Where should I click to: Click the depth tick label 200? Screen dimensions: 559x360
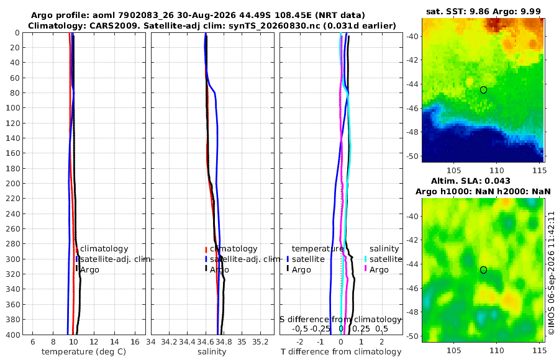tap(13, 183)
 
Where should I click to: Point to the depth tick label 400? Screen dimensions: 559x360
tap(13, 335)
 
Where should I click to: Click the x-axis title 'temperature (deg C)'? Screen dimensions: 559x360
tap(84, 352)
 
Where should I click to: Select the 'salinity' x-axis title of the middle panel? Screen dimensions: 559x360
tap(212, 352)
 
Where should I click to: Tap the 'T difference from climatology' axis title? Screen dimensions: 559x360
tap(341, 352)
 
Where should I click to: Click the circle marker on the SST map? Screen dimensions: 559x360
tap(483, 90)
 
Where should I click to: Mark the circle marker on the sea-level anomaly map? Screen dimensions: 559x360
tap(483, 270)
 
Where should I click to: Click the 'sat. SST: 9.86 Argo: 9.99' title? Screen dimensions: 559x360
tap(483, 11)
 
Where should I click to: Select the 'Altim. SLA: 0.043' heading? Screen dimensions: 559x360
tap(471, 181)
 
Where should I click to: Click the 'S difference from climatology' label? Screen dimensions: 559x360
tap(340, 319)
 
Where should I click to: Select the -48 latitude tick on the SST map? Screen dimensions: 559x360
tap(413, 132)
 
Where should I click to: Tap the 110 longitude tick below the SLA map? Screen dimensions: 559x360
tap(497, 350)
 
